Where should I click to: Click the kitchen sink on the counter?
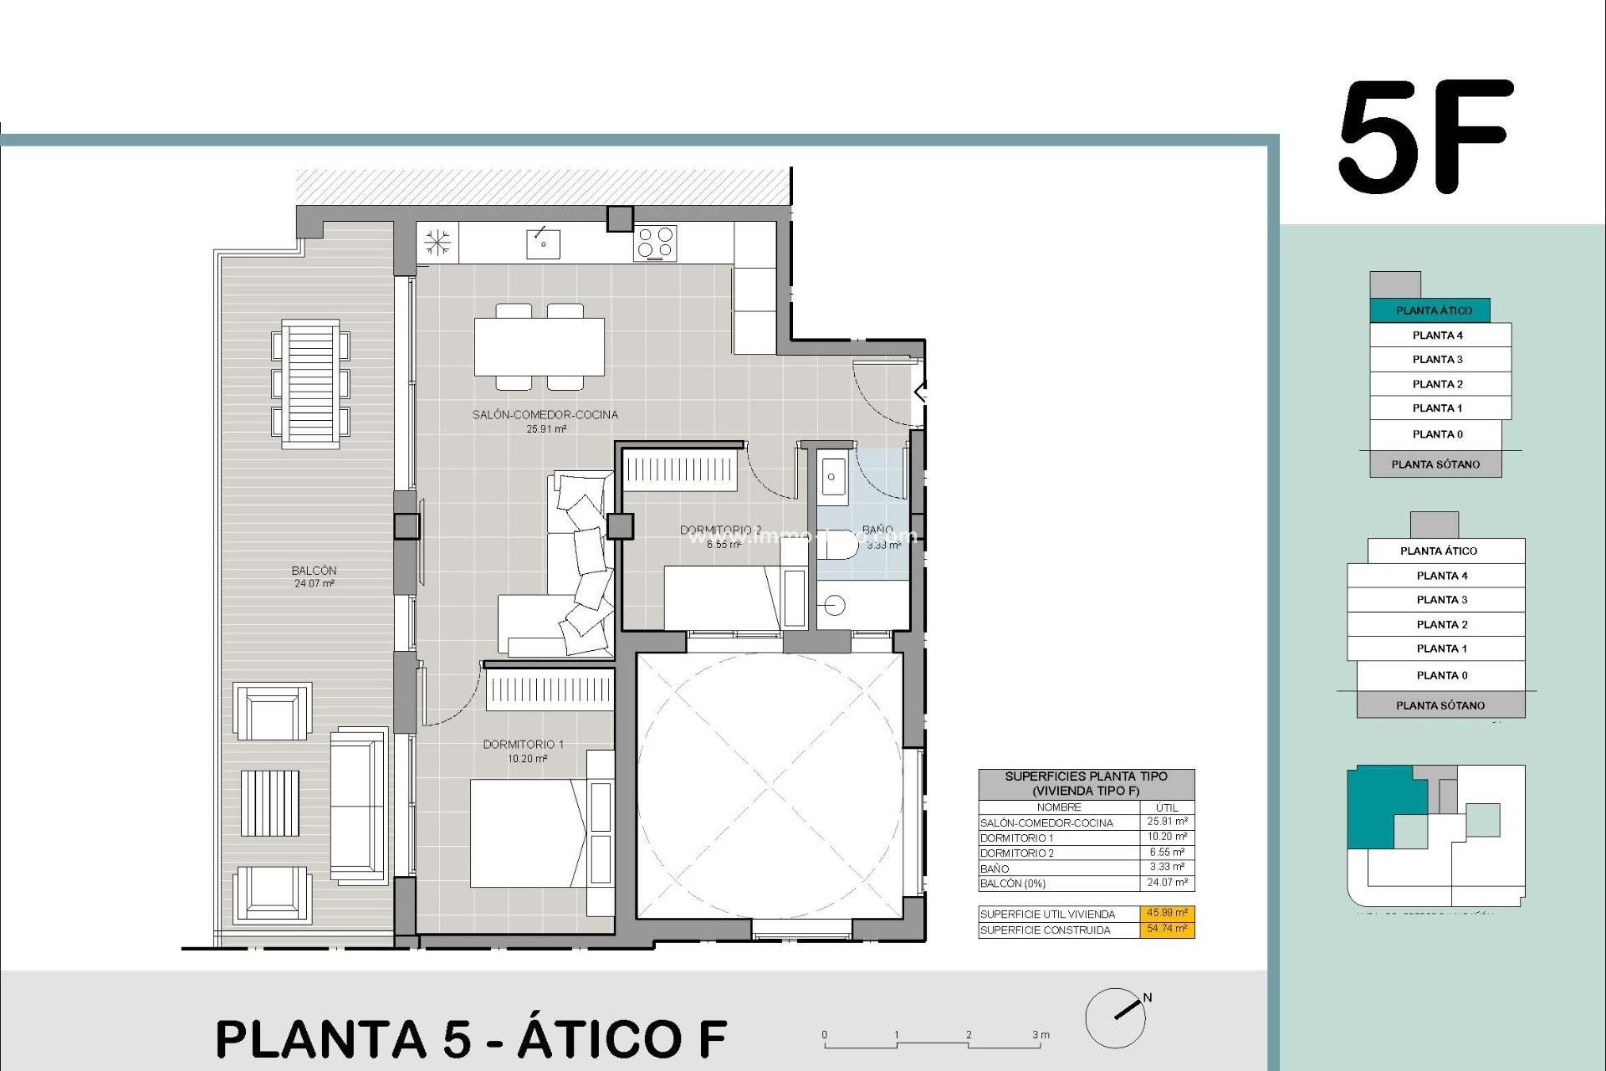point(543,243)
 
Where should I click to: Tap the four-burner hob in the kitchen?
point(655,243)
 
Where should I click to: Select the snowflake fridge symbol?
point(437,243)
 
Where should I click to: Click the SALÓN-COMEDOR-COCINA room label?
point(545,415)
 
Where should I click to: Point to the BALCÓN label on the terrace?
point(314,571)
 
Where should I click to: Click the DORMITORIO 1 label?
point(523,745)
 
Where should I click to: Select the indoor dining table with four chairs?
point(540,346)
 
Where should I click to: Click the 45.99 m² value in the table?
point(1167,913)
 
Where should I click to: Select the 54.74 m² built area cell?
point(1167,929)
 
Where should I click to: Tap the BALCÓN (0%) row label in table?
point(1013,884)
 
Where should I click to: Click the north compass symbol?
point(1117,1017)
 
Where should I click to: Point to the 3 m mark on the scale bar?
point(1040,1036)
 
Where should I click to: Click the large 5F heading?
point(1425,138)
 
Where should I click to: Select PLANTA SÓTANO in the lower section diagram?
point(1440,705)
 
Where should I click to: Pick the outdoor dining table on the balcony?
point(310,385)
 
